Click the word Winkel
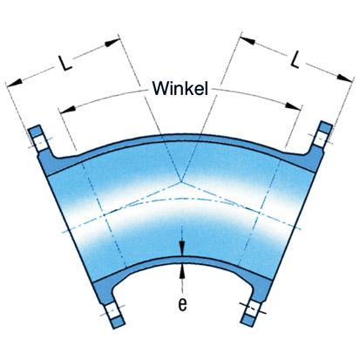pos(180,88)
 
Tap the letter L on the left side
pos(65,63)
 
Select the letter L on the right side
pos(295,59)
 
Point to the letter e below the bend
pos(182,304)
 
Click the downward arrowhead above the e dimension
pos(182,248)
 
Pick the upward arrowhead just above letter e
pos(182,272)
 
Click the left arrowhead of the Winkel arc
pos(68,109)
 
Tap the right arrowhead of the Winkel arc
pos(293,105)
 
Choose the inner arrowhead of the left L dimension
pos(112,43)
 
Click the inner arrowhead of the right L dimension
pos(248,40)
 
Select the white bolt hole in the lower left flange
pos(112,311)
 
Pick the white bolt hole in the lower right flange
pos(252,310)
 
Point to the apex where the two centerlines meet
pos(181,181)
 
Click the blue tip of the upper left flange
pos(35,131)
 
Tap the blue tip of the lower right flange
pos(248,320)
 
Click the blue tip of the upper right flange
pos(326,126)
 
